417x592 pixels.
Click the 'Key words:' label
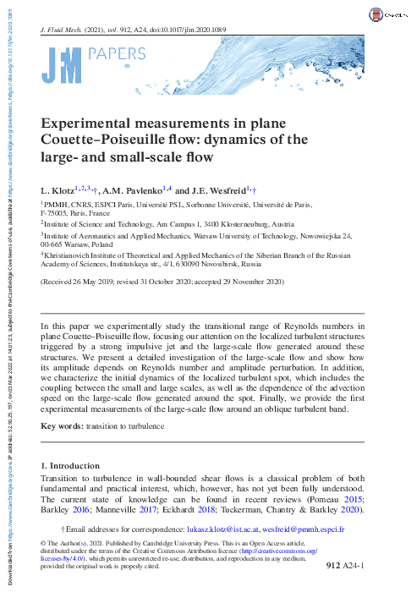point(62,426)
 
